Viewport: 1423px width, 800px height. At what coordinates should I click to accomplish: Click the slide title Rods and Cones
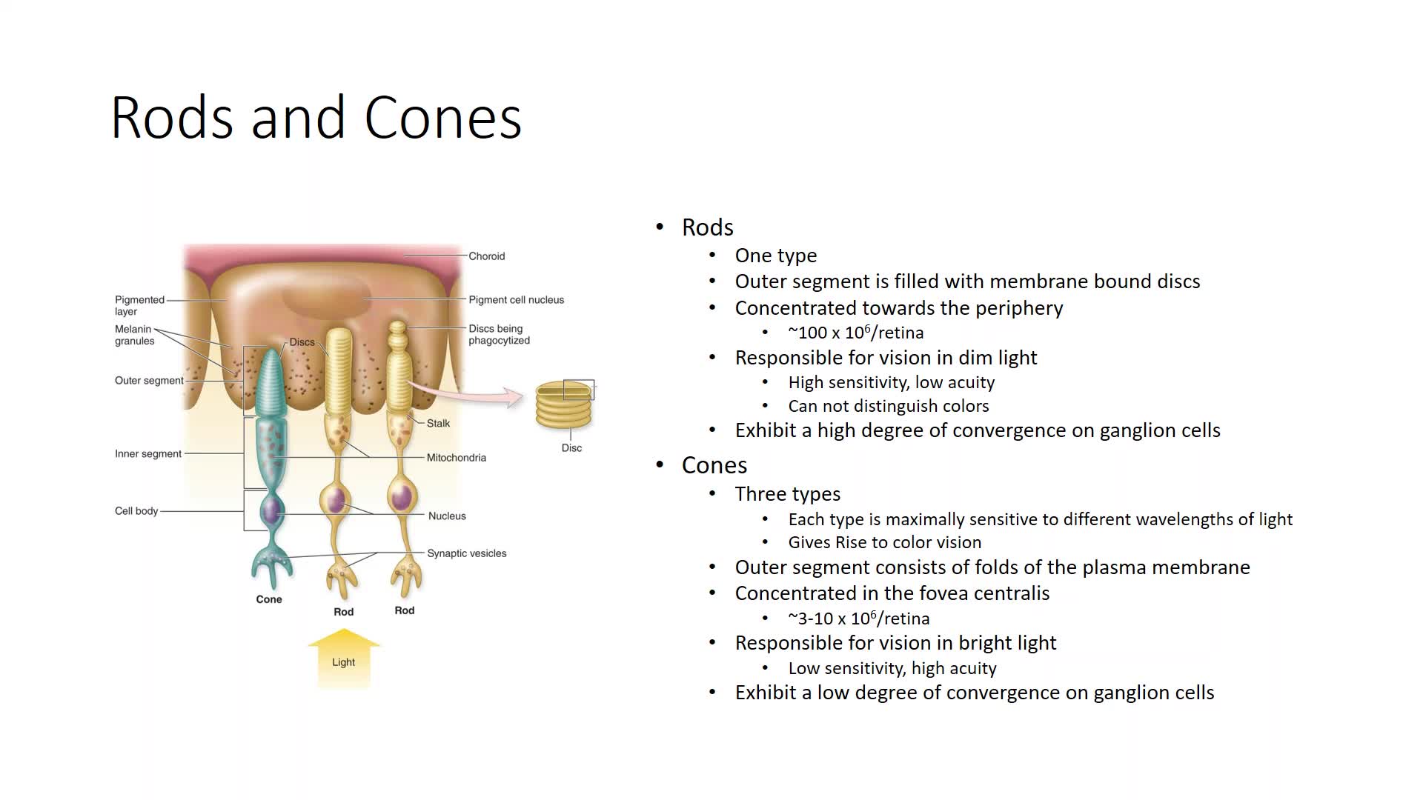(x=316, y=117)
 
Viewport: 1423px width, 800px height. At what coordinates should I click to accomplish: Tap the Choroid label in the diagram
(x=486, y=256)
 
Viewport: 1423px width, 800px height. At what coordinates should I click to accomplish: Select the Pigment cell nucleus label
(x=516, y=300)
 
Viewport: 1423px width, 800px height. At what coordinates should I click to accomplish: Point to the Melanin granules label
(x=134, y=335)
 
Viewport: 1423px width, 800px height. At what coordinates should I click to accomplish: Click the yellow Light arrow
(x=344, y=658)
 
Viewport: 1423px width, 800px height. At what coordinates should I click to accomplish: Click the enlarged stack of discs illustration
(x=564, y=404)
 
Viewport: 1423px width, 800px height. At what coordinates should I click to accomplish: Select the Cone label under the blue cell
(x=269, y=599)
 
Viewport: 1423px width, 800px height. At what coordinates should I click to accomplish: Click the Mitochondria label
(x=457, y=458)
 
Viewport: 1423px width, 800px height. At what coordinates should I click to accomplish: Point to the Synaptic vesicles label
(x=467, y=553)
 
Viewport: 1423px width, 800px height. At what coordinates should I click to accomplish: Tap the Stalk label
(x=438, y=424)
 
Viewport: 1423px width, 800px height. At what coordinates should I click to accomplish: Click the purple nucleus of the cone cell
(x=271, y=510)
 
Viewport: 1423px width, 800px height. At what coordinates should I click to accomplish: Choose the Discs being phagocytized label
(x=499, y=335)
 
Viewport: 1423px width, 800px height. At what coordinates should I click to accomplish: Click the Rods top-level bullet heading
(x=708, y=227)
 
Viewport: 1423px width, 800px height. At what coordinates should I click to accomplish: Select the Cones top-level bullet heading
(x=714, y=465)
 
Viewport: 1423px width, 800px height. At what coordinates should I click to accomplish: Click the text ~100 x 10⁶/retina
(x=856, y=332)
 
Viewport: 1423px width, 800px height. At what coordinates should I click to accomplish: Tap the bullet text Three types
(x=788, y=494)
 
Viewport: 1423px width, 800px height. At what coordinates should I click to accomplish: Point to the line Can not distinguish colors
(x=889, y=406)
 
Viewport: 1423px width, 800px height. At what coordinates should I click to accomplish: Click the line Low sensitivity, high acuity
(x=892, y=668)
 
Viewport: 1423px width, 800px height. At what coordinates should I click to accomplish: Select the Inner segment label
(x=148, y=454)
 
